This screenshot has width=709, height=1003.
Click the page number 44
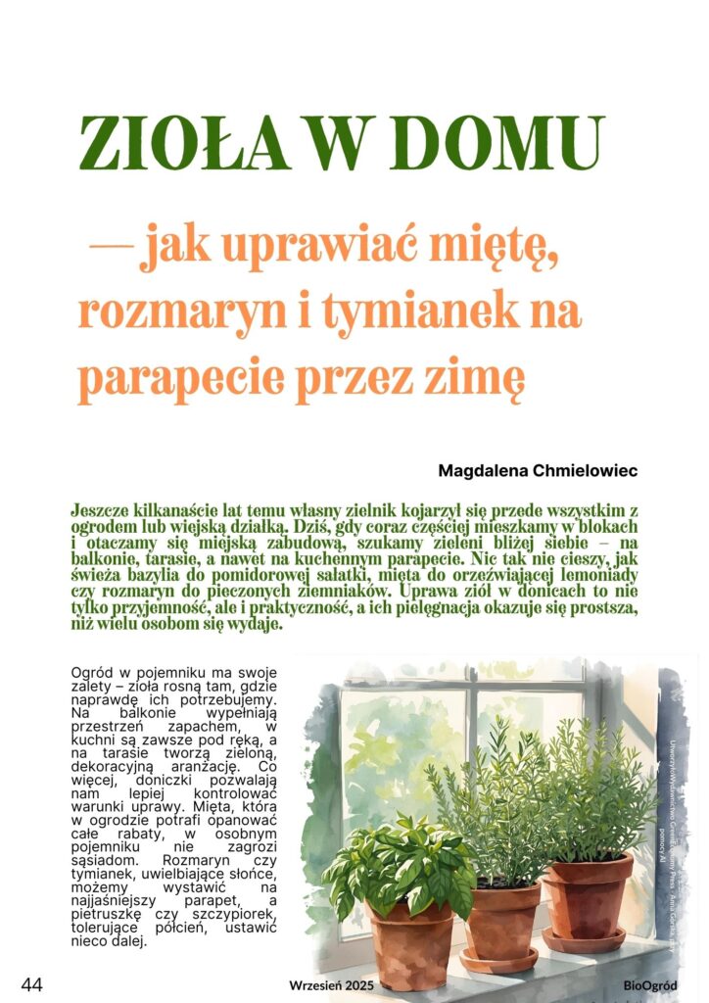pyautogui.click(x=32, y=984)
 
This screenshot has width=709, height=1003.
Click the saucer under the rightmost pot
pyautogui.click(x=586, y=941)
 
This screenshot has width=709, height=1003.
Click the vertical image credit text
pyautogui.click(x=677, y=793)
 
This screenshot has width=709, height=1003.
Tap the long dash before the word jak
pyautogui.click(x=111, y=253)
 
